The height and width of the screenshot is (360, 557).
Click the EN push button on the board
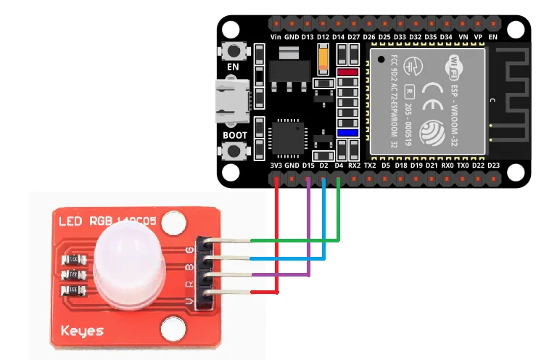pos(234,52)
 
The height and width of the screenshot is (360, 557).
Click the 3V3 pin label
pos(276,165)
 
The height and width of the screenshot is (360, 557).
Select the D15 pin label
pos(308,165)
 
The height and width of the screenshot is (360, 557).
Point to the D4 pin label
pos(339,165)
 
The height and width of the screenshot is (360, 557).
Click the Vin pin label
pos(276,36)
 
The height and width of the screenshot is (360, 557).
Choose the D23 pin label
pos(494,165)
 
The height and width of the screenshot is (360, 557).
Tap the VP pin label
pos(478,36)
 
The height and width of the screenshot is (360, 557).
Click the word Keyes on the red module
pos(81,331)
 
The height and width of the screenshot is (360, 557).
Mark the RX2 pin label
pos(355,165)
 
